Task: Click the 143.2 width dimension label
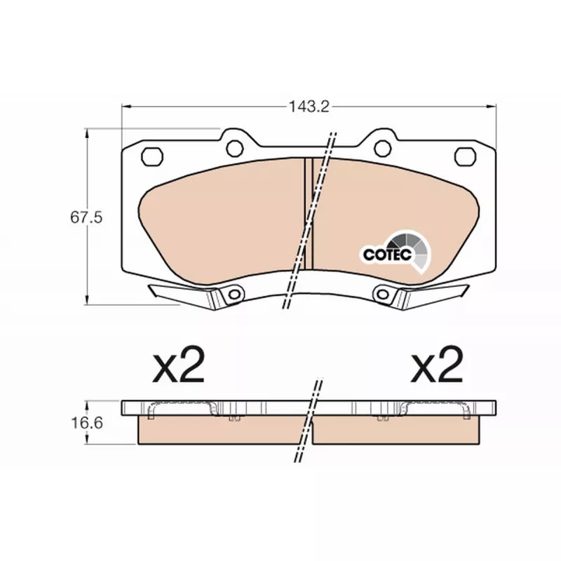(x=309, y=107)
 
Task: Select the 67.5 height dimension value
(x=86, y=217)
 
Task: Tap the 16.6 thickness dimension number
(x=87, y=423)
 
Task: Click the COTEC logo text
(x=388, y=255)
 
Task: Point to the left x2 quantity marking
(x=178, y=365)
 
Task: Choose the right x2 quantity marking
(x=437, y=365)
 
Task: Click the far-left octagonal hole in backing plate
(x=152, y=156)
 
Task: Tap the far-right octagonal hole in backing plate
(x=465, y=156)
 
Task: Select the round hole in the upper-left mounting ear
(x=235, y=148)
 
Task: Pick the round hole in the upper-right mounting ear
(x=382, y=148)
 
